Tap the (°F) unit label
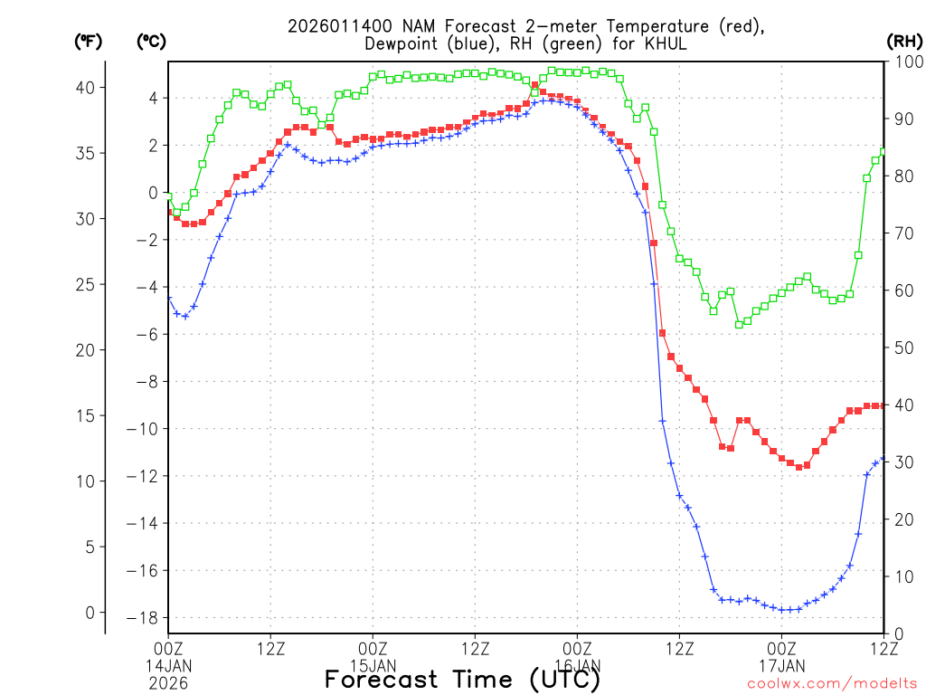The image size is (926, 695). [88, 41]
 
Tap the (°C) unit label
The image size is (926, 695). [150, 41]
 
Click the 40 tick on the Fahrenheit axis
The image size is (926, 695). [90, 87]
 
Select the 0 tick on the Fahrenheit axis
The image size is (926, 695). [90, 613]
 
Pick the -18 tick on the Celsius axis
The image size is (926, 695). [147, 618]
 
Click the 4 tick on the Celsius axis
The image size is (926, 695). [153, 98]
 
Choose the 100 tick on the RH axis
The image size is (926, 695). [904, 62]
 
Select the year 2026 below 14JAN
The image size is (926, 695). [168, 680]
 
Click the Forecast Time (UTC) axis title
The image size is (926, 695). [462, 680]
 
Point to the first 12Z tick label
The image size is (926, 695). [270, 648]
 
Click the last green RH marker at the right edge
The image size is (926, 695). [883, 151]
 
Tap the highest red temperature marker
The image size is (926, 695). [534, 85]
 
